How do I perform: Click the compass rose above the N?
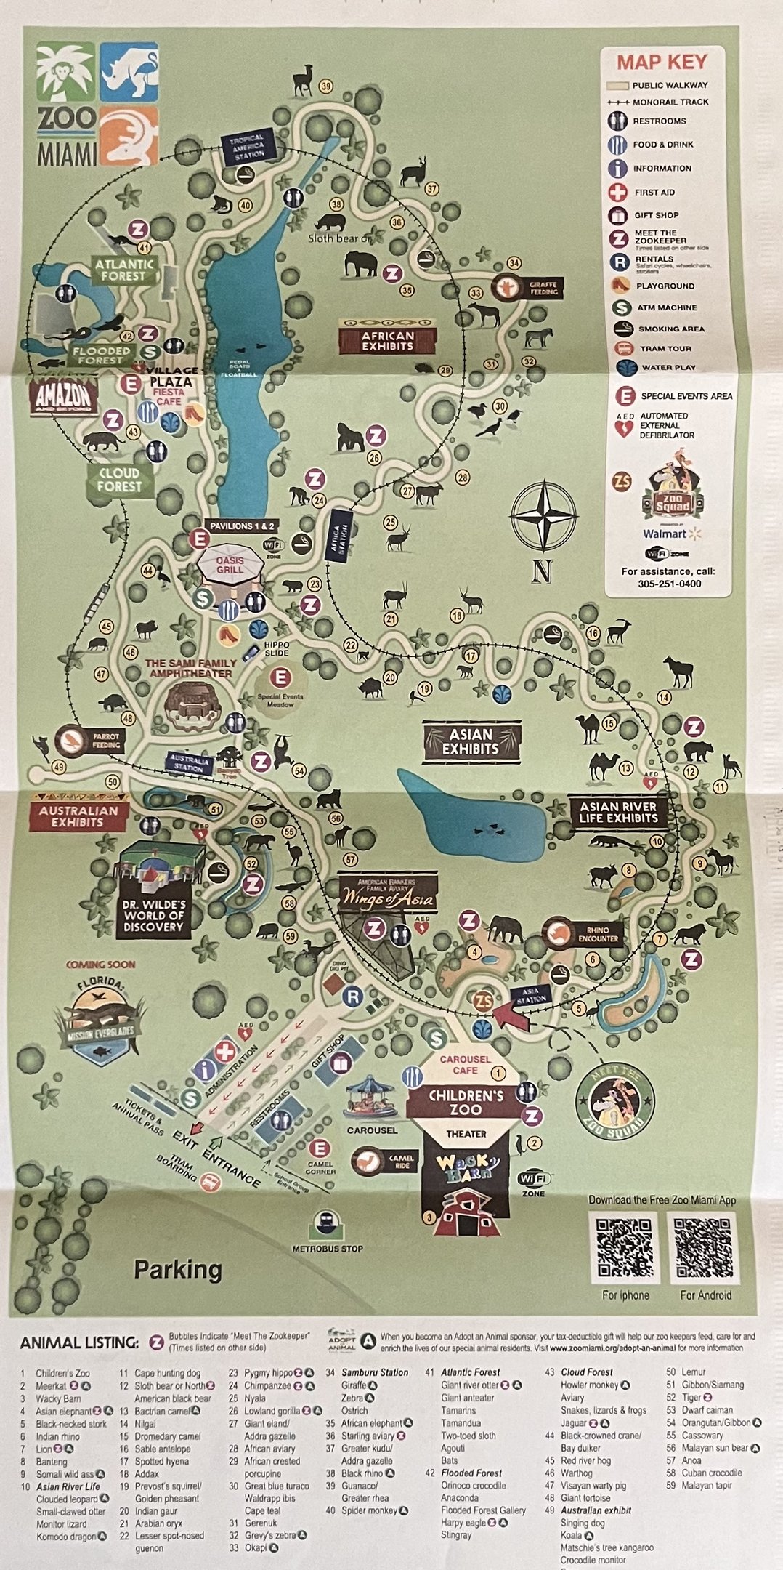pyautogui.click(x=543, y=515)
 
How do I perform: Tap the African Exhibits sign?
pyautogui.click(x=388, y=340)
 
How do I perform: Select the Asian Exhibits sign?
pyautogui.click(x=471, y=741)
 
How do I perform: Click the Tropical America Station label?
pyautogui.click(x=248, y=147)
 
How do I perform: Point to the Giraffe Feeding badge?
pyautogui.click(x=527, y=288)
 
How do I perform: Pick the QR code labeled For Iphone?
pyautogui.click(x=625, y=1247)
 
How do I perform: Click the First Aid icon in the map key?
pyautogui.click(x=618, y=193)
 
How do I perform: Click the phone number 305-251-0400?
pyautogui.click(x=670, y=584)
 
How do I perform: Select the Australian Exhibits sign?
pyautogui.click(x=78, y=816)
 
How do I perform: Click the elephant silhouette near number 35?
pyautogui.click(x=361, y=264)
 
